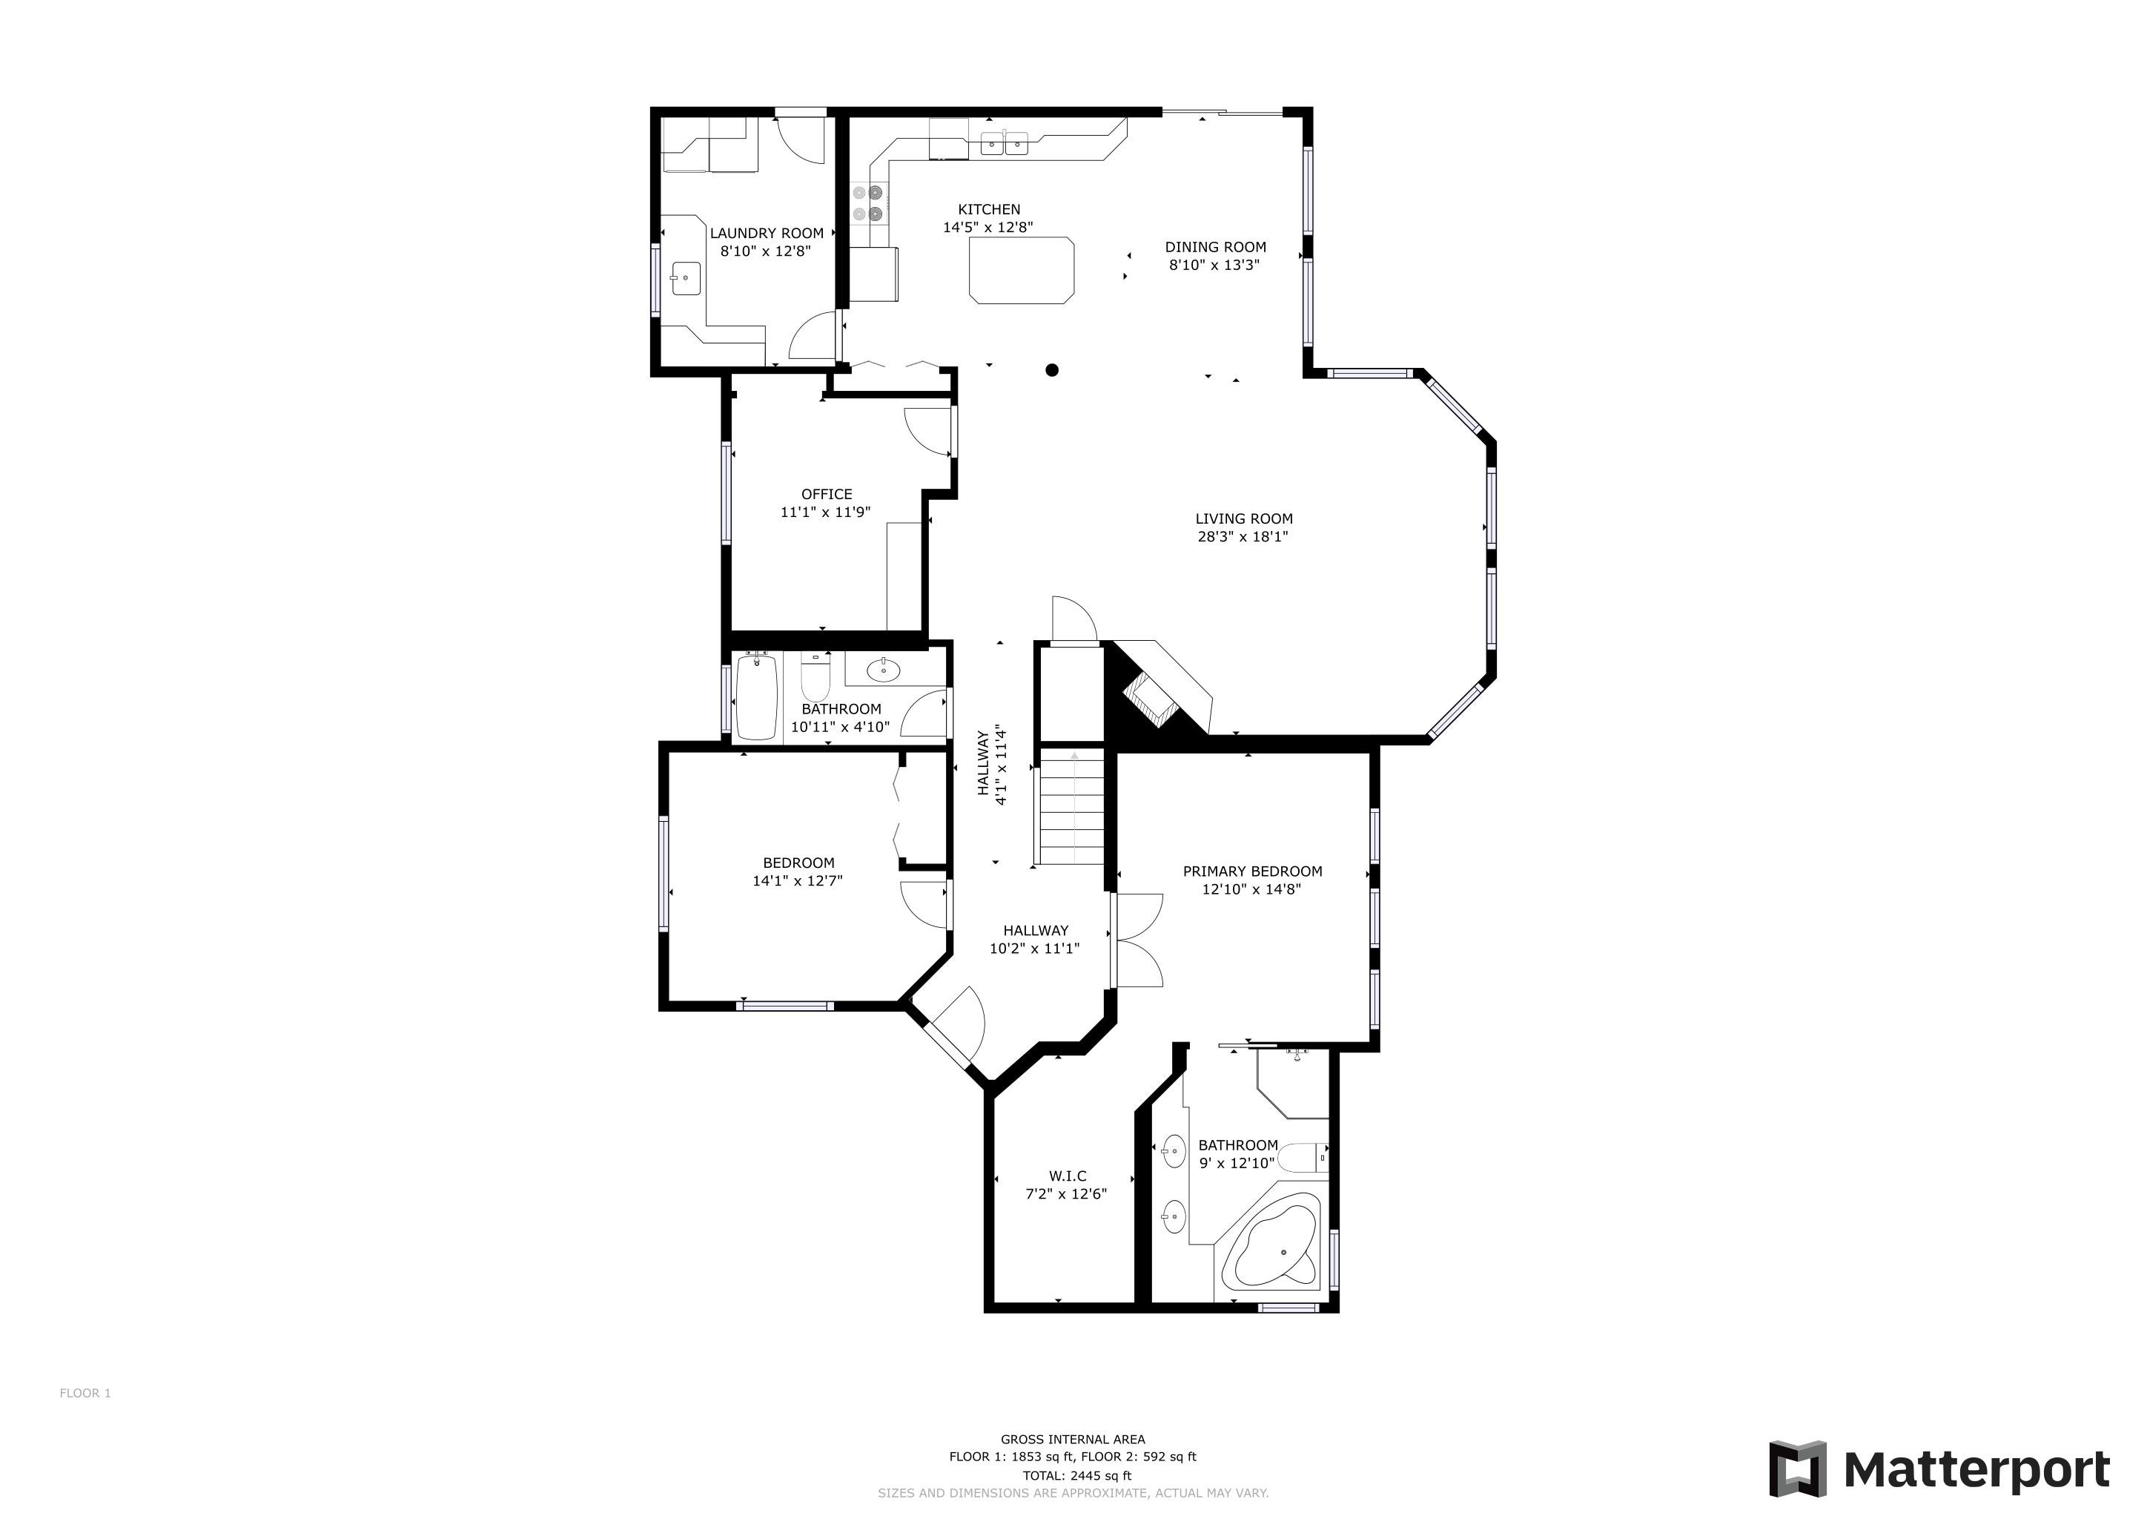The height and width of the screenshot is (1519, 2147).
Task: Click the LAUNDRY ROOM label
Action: pyautogui.click(x=767, y=233)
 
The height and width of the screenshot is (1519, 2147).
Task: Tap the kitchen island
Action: pyautogui.click(x=1021, y=270)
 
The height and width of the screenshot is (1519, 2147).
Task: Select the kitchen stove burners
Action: pyautogui.click(x=868, y=203)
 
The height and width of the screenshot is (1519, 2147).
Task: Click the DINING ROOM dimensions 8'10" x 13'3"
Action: pyautogui.click(x=1214, y=265)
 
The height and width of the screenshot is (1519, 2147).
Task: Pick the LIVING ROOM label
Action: pyautogui.click(x=1244, y=518)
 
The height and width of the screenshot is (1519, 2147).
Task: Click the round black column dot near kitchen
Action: pyautogui.click(x=1052, y=370)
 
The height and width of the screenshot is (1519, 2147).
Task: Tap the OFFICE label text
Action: pyautogui.click(x=827, y=494)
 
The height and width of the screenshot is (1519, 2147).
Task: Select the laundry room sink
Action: pyautogui.click(x=686, y=278)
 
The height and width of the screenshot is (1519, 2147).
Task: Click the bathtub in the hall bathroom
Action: pyautogui.click(x=758, y=697)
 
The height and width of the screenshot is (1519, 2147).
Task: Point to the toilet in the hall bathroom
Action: pyautogui.click(x=816, y=677)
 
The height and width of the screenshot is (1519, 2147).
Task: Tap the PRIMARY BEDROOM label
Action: pyautogui.click(x=1252, y=871)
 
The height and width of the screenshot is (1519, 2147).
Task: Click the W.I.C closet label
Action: pyautogui.click(x=1067, y=1176)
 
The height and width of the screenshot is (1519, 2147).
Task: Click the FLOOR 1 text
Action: pyautogui.click(x=85, y=1393)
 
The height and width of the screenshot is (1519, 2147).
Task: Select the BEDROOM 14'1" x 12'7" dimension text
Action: pyautogui.click(x=798, y=880)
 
